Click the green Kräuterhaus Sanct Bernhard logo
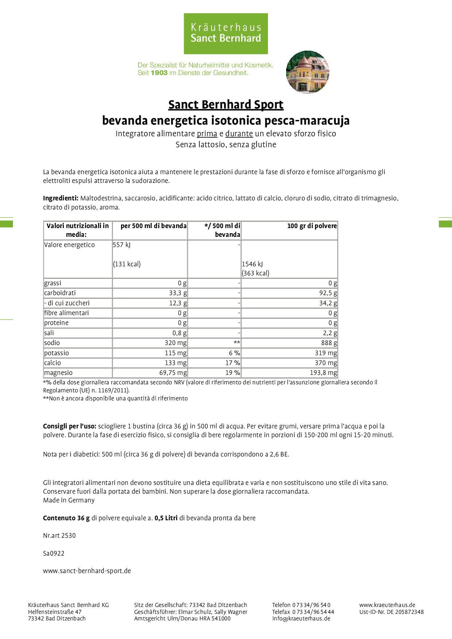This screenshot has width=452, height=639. tap(226, 34)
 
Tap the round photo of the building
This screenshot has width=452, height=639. tap(308, 72)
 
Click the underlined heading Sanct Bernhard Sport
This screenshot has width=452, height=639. tap(226, 105)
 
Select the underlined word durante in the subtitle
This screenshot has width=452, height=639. tap(239, 134)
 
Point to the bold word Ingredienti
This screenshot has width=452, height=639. tap(61, 198)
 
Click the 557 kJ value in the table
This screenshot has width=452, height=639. tap(122, 245)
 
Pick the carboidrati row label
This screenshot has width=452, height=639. tap(60, 293)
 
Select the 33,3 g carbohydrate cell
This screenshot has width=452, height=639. tap(178, 293)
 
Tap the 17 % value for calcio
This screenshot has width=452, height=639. tap(233, 363)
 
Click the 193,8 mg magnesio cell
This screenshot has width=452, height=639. tap(323, 373)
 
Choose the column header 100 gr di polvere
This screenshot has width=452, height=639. tap(312, 226)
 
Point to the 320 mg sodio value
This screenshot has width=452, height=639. tap(176, 343)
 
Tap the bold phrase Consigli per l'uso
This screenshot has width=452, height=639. tap(70, 426)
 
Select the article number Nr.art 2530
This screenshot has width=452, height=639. tap(59, 536)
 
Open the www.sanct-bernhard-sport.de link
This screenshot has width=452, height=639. tap(87, 571)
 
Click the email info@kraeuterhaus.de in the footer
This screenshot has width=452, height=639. tap(301, 618)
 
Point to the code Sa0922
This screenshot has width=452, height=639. tap(54, 553)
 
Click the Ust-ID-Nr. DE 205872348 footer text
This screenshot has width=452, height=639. tap(391, 612)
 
